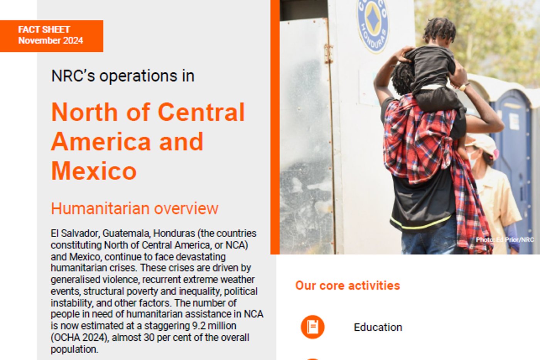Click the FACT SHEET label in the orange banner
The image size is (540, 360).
pos(44,30)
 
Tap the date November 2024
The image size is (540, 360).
pos(51,40)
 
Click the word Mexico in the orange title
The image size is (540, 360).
pos(94,171)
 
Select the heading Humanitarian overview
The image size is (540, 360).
pos(135,208)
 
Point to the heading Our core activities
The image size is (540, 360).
pos(348,286)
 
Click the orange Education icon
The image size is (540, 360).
pos(313,327)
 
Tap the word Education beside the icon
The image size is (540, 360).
pos(378,327)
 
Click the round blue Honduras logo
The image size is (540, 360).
pos(373,25)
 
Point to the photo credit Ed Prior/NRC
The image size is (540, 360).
pos(505,240)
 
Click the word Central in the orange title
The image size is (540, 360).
pos(201,112)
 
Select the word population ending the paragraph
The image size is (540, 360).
pos(74,349)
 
